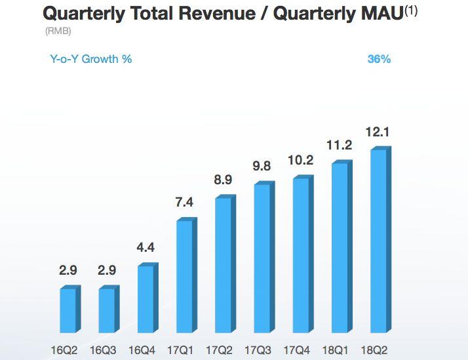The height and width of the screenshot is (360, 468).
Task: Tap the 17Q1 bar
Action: tap(184, 276)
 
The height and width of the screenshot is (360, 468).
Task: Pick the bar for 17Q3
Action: tap(262, 258)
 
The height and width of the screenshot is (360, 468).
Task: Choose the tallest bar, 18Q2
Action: tap(378, 241)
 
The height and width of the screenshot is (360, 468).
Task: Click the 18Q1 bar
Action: tap(340, 247)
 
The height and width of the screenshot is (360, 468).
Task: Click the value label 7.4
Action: tap(185, 203)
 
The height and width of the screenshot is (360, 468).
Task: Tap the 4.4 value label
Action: tap(146, 248)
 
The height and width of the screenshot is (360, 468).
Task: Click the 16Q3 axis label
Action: tap(107, 351)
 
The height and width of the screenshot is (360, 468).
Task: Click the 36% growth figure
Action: tap(379, 59)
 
